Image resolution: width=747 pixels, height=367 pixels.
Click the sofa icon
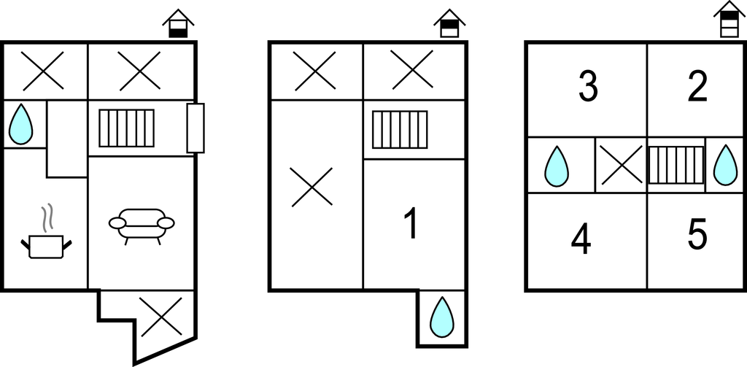coord(142,226)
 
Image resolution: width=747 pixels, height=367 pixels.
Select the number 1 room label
coord(411,223)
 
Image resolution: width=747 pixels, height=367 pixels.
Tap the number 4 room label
coord(581,239)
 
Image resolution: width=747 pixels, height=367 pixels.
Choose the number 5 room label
coord(697,234)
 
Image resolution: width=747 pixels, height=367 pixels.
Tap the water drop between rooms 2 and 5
coord(725,165)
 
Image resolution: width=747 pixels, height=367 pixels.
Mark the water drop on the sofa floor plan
coord(21,124)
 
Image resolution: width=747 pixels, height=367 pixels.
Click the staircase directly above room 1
coord(400,130)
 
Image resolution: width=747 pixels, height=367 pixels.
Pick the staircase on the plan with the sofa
coord(127,128)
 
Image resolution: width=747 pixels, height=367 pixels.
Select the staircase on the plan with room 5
coord(676,165)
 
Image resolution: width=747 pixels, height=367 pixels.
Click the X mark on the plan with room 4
coord(622,165)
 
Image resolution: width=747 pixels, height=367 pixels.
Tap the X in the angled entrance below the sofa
coord(161,317)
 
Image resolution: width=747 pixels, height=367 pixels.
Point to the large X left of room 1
coord(311,187)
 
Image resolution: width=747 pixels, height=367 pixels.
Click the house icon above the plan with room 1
coord(449,23)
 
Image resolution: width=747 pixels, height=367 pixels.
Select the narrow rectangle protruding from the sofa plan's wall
coord(196,128)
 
